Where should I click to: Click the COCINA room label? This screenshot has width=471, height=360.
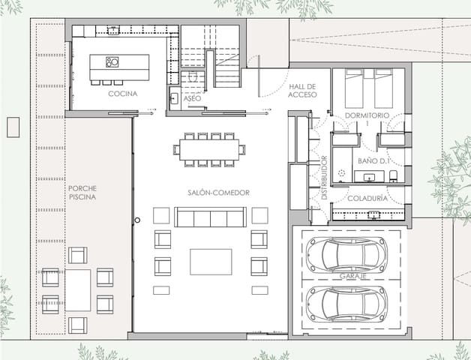click(122, 94)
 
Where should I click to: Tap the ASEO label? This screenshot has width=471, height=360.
click(192, 98)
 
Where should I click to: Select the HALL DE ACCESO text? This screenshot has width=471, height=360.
click(304, 91)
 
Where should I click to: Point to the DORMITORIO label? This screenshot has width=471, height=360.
click(367, 115)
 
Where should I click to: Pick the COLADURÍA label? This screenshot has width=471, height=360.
click(367, 198)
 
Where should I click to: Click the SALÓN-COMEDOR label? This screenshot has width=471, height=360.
click(218, 193)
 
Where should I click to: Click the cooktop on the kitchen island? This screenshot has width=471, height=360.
click(112, 61)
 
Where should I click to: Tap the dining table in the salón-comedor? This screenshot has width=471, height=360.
click(209, 148)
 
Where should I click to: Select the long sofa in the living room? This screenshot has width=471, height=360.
click(210, 217)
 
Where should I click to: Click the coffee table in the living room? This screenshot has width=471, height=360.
click(210, 262)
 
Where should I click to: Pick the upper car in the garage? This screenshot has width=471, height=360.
click(351, 253)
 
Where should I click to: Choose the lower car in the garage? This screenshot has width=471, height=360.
click(351, 302)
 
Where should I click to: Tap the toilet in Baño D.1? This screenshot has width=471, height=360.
click(394, 175)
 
